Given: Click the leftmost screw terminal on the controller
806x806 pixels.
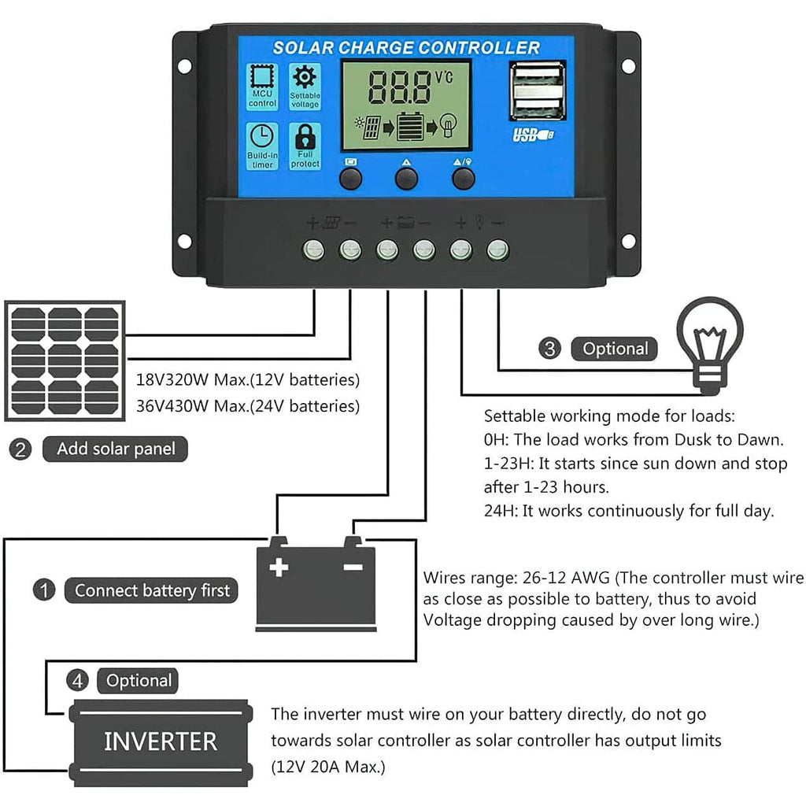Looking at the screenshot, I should (314, 250).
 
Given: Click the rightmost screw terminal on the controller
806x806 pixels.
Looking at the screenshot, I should (497, 250).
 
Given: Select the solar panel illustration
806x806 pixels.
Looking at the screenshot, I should (65, 361).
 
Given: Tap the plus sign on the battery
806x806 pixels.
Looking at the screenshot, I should (279, 568).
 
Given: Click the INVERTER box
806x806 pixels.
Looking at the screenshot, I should (161, 741).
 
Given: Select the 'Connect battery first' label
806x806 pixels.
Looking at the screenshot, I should (153, 590).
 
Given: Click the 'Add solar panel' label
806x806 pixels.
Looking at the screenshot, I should (116, 449).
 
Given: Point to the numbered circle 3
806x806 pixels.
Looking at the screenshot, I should (550, 349).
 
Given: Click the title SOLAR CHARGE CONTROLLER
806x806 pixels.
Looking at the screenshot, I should (406, 48).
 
